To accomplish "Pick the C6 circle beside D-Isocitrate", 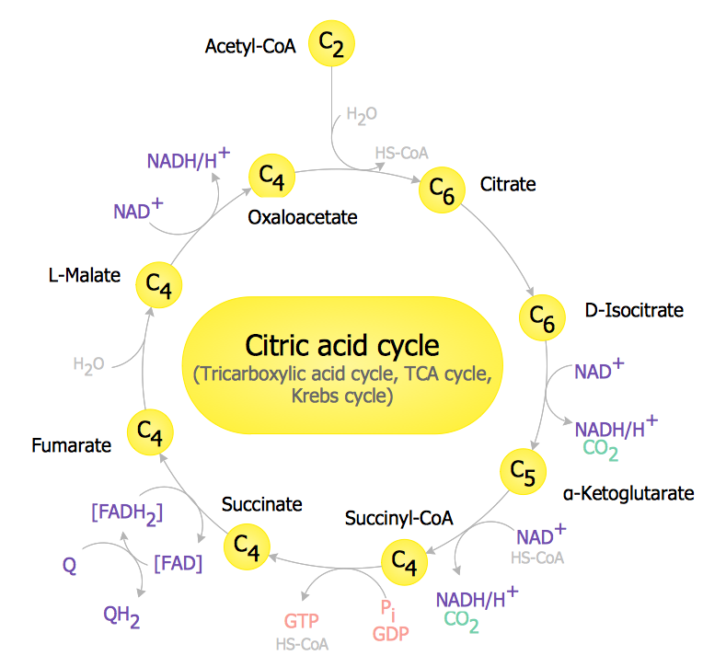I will [542, 316].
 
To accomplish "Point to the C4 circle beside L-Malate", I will [159, 285].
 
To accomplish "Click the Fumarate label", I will [71, 445].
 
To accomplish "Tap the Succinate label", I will [261, 504].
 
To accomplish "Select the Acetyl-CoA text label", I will [250, 46].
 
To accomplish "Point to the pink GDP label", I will [390, 634].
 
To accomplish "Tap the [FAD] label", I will [178, 562].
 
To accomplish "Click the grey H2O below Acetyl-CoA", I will [361, 116].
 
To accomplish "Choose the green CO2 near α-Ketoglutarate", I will [600, 451].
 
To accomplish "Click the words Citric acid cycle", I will [342, 346].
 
